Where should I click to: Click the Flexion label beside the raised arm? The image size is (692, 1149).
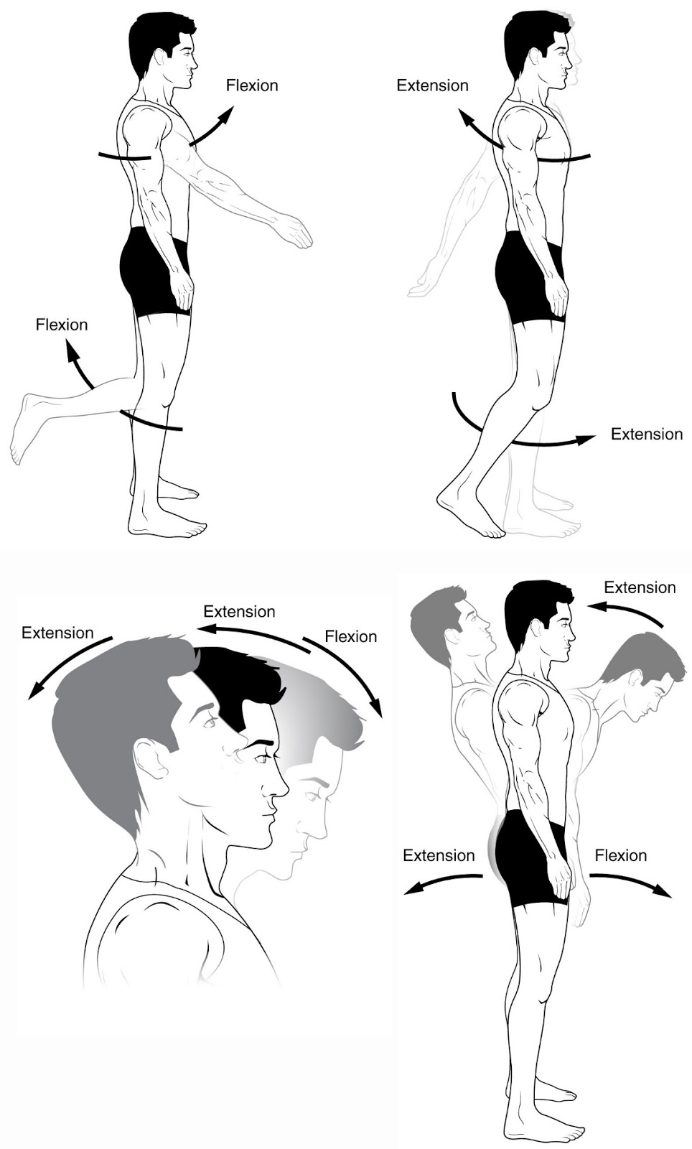[252, 85]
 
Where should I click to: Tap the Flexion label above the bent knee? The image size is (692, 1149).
[62, 325]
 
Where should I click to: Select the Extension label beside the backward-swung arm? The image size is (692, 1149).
[432, 85]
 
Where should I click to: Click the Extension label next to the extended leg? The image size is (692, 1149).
[646, 434]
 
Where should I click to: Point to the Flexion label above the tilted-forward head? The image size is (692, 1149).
[350, 636]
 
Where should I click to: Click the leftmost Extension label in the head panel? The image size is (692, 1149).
[57, 633]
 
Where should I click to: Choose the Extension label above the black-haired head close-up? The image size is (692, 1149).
[239, 612]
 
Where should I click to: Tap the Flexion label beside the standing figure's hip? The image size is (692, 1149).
[620, 855]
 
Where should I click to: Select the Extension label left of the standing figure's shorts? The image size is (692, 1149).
[439, 855]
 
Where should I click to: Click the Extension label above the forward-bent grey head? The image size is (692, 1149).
[640, 587]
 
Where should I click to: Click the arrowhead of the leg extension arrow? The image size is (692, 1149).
[588, 438]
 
